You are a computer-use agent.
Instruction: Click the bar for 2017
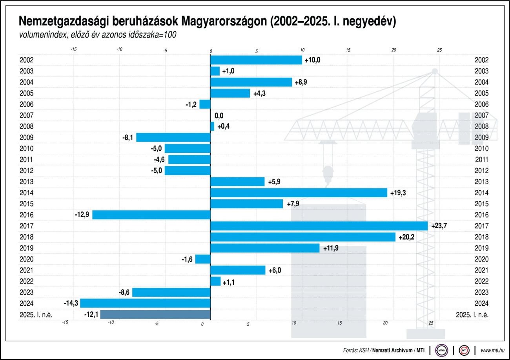click(319, 226)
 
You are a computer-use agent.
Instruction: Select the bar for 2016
click(151, 215)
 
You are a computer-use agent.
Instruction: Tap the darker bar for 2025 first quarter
click(155, 315)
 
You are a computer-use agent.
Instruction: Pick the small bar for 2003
click(215, 71)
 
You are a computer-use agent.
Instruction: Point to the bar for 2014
click(299, 193)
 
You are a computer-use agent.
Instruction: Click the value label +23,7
click(439, 226)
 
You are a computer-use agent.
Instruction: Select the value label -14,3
click(71, 303)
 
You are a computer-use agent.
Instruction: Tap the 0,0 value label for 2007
click(219, 116)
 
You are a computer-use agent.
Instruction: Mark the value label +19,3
click(398, 193)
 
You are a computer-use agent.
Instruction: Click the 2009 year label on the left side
click(26, 138)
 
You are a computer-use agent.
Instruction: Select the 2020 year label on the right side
click(481, 259)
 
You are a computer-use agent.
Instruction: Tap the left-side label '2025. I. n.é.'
click(36, 315)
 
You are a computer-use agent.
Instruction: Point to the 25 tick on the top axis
click(439, 51)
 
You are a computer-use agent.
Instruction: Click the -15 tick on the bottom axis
click(65, 323)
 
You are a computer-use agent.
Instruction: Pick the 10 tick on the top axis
click(302, 51)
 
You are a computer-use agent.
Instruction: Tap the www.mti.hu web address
click(493, 350)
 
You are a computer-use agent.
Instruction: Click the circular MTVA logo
click(442, 350)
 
